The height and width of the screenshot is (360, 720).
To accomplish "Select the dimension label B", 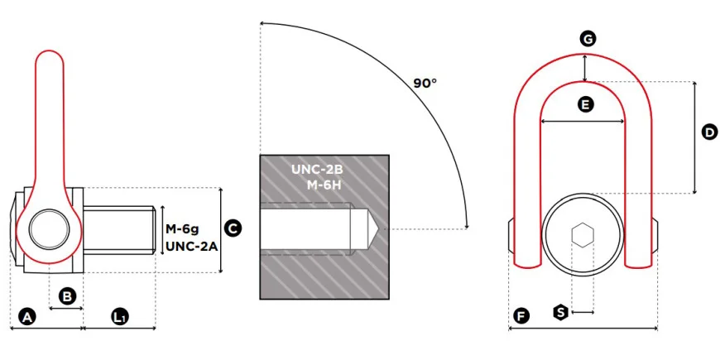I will point(68,295).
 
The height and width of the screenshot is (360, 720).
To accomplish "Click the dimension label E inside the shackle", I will point(585,104).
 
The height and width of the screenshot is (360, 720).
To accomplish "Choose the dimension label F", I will point(521,316).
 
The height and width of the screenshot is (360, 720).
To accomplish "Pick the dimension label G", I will point(587,39).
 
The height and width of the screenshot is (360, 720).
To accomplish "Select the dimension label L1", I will point(120,317).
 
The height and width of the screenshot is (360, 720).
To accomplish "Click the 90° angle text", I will point(425,83).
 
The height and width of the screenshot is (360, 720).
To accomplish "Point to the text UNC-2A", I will point(191,245).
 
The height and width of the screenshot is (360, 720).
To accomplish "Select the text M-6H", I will point(324,185).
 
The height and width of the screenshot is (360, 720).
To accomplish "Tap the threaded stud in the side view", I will point(119,229).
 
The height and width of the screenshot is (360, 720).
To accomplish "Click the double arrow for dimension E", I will point(582,122).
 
